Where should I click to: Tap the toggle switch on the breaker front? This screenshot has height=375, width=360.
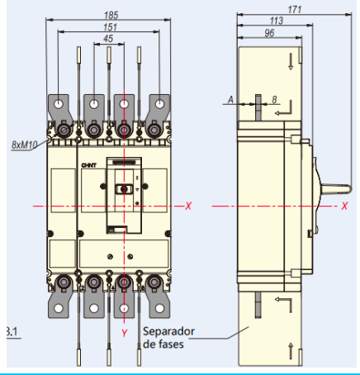[x=124, y=189]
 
